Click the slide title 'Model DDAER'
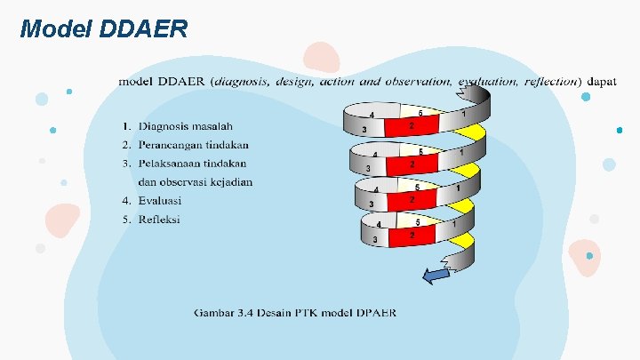(103, 29)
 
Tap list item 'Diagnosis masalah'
(185, 126)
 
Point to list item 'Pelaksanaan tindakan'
(192, 164)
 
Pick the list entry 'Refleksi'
(160, 219)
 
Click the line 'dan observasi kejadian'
(195, 181)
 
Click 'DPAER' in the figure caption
(374, 313)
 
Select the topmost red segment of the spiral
(412, 127)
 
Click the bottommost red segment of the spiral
(412, 236)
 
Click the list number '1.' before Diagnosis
(127, 126)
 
